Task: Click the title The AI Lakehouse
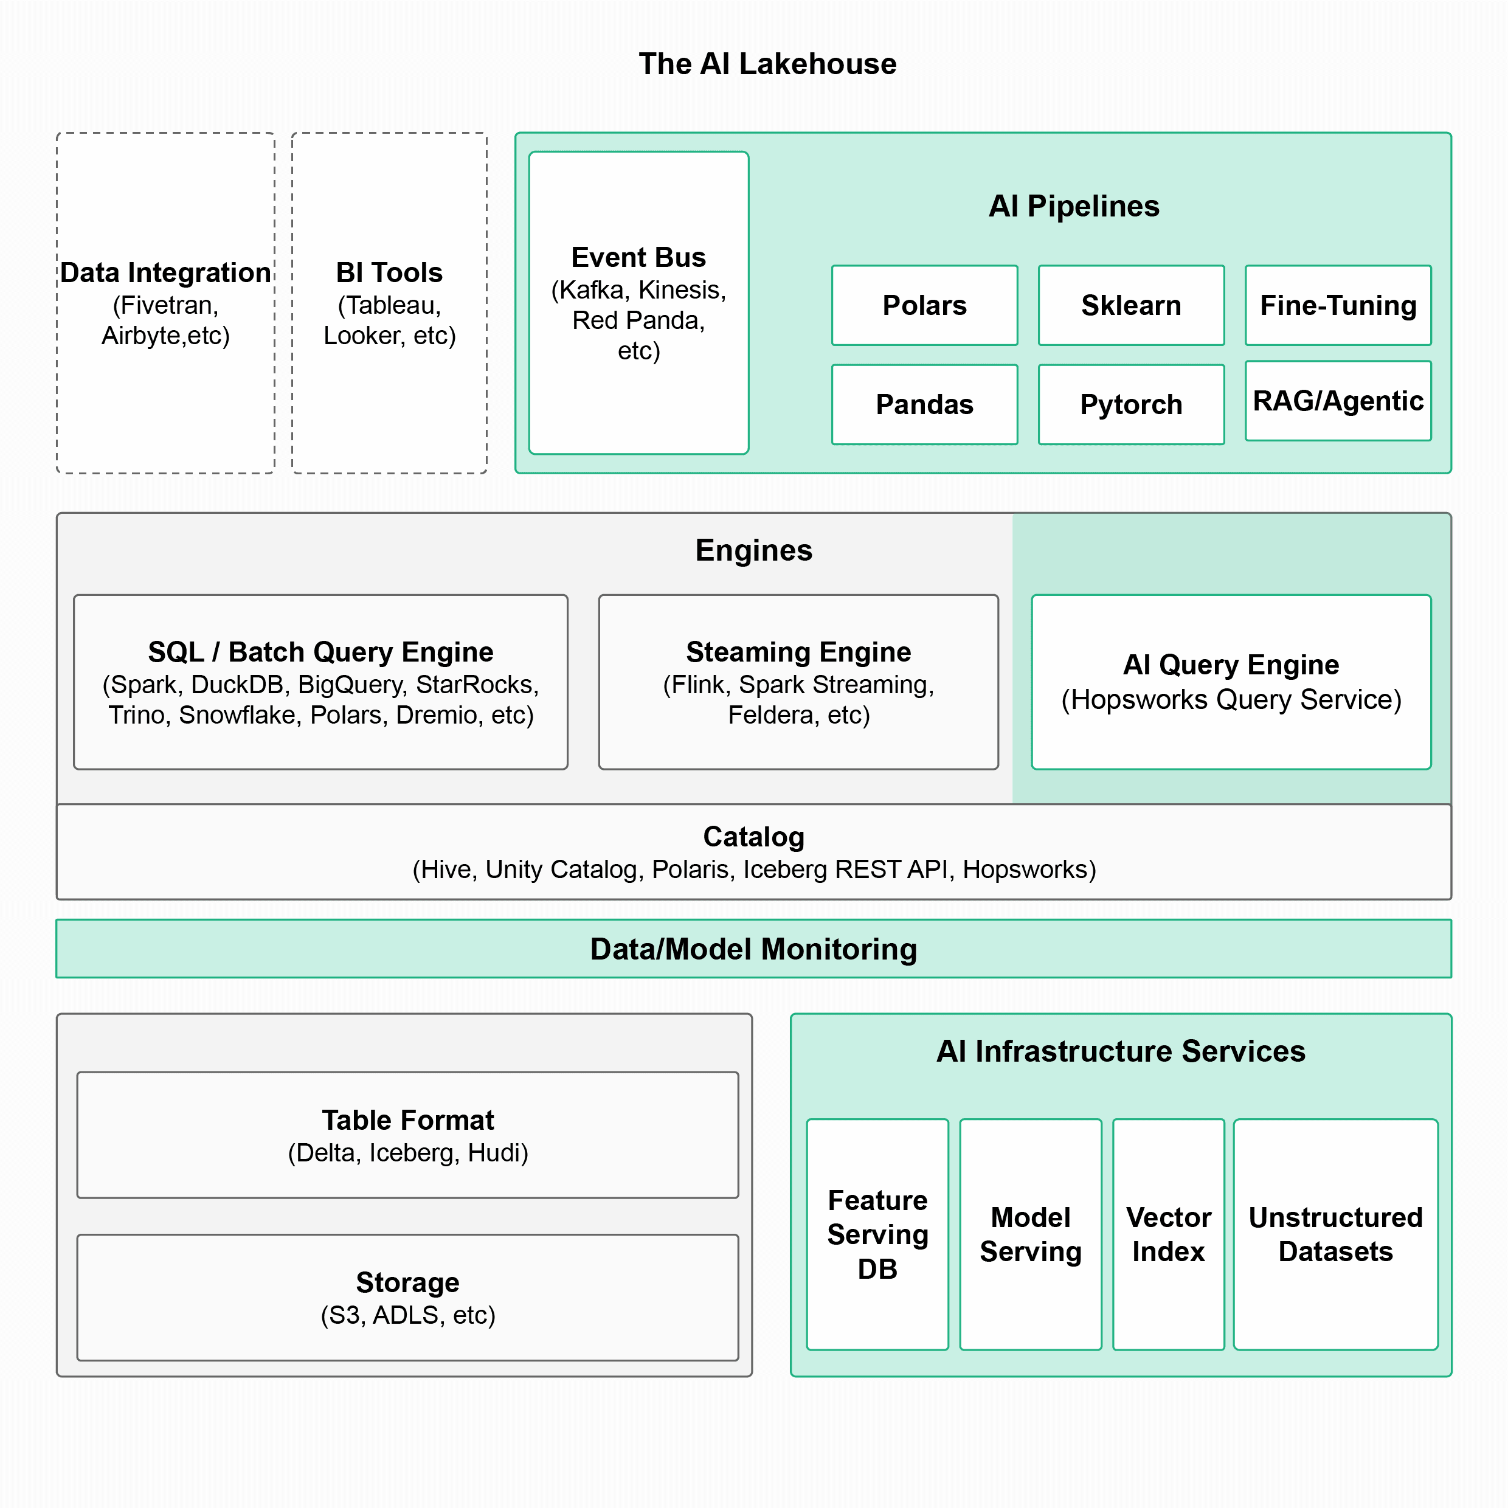(767, 64)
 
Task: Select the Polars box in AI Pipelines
(924, 305)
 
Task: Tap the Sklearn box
(1131, 305)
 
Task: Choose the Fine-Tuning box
(1338, 305)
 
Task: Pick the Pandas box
(924, 404)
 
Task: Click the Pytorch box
(1131, 404)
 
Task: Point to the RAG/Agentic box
(1338, 401)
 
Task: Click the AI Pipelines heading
(1073, 206)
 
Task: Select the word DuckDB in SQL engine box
(237, 685)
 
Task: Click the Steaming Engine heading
(798, 652)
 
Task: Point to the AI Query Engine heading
(1230, 664)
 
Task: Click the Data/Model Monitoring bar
(753, 949)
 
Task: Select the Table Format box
(407, 1135)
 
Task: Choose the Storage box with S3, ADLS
(407, 1297)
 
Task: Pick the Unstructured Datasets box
(1335, 1234)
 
